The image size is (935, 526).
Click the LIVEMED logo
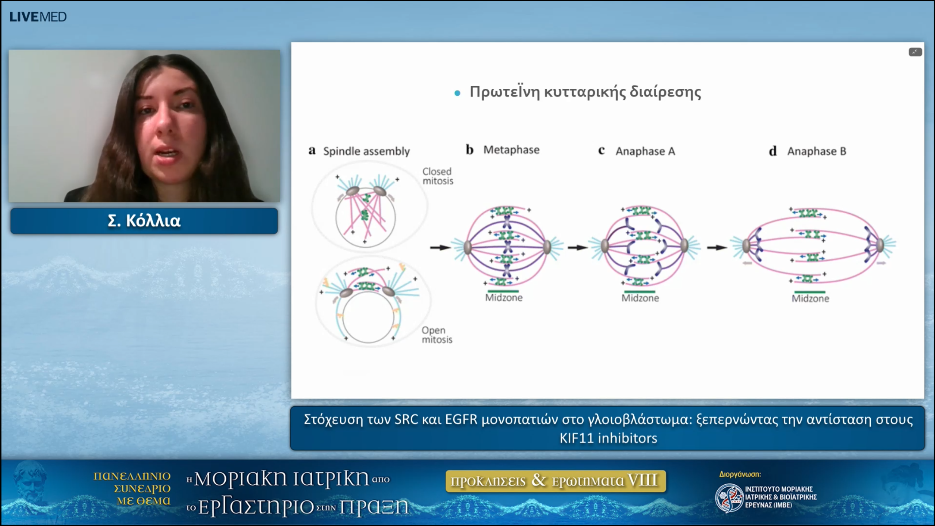coord(38,17)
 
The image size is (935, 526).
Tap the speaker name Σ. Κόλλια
coord(144,221)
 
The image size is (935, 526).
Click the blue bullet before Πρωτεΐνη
coord(457,94)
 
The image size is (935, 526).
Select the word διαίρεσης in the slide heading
coord(665,92)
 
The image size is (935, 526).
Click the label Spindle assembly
coord(366,151)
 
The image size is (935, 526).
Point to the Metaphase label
coord(511,150)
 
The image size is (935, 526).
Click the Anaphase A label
coord(645,151)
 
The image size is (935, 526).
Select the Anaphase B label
coord(817,151)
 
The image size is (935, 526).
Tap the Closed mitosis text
coord(438,176)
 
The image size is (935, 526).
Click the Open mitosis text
coord(437,335)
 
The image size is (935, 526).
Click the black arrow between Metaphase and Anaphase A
coord(577,248)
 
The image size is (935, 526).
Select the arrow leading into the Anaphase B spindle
coord(717,248)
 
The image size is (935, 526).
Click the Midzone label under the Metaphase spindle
coord(504,298)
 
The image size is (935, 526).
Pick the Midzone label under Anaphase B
coord(810,299)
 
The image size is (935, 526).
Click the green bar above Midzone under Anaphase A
coord(640,291)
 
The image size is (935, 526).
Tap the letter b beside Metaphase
coord(470,150)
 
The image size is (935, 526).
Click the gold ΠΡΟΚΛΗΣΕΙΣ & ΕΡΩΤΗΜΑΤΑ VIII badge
coord(555,481)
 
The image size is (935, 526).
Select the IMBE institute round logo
coord(729,498)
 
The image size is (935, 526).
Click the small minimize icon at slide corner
coord(915,52)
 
